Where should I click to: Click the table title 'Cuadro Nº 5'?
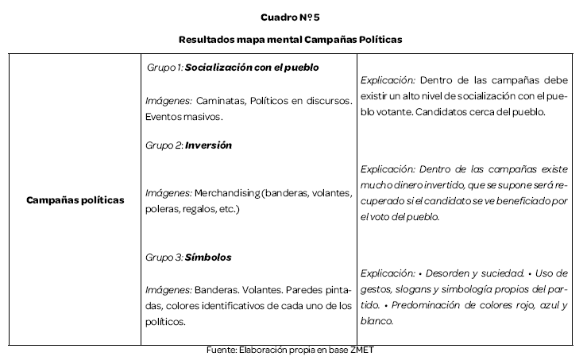[293, 17]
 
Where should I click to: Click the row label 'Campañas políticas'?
[75, 200]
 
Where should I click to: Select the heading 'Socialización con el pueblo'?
[252, 68]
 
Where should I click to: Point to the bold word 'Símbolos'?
[208, 257]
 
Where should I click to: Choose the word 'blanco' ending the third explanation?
[377, 320]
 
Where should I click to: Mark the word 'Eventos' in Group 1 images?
[163, 117]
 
